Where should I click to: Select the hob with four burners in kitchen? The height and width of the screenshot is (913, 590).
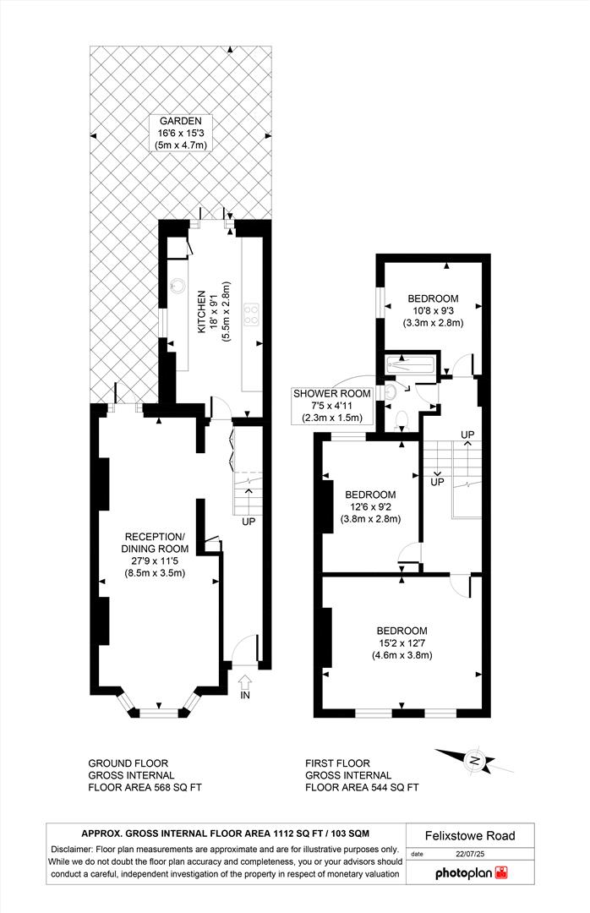251,314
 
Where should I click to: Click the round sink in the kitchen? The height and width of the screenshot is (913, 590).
180,286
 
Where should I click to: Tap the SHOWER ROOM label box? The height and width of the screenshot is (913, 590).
329,405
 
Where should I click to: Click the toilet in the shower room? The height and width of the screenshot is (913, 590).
402,418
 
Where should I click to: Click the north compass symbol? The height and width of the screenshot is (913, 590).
475,762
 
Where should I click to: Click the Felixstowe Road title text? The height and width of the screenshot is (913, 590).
470,836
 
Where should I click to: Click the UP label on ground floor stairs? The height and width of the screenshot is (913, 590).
249,522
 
